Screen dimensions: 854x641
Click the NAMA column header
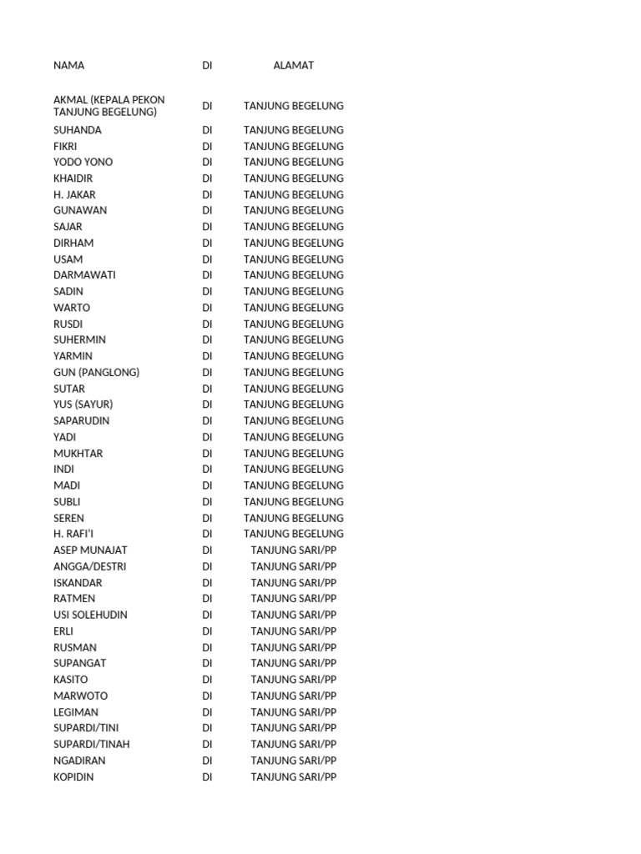[x=68, y=65]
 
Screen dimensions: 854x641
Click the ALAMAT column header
[x=293, y=65]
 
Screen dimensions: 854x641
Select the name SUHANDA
[x=78, y=130]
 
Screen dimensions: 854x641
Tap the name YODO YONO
[x=83, y=162]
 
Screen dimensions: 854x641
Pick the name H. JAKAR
[x=74, y=194]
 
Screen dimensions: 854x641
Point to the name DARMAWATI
[x=84, y=275]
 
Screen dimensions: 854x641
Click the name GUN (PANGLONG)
[x=96, y=372]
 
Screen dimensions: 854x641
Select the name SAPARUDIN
[x=81, y=420]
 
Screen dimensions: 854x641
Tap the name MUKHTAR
[x=78, y=453]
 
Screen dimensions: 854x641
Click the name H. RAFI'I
[x=73, y=534]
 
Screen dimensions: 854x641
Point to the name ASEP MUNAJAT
[x=90, y=550]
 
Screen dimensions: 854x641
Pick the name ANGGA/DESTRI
[x=89, y=566]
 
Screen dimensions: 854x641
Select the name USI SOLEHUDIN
[x=90, y=615]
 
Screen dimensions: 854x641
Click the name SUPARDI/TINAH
[x=91, y=744]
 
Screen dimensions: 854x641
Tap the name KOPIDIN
[x=73, y=776]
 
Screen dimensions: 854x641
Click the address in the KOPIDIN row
[x=293, y=776]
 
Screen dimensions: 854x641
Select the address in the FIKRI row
[x=293, y=146]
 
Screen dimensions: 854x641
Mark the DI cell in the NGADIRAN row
[x=207, y=761]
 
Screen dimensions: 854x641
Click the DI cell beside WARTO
[x=207, y=308]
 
